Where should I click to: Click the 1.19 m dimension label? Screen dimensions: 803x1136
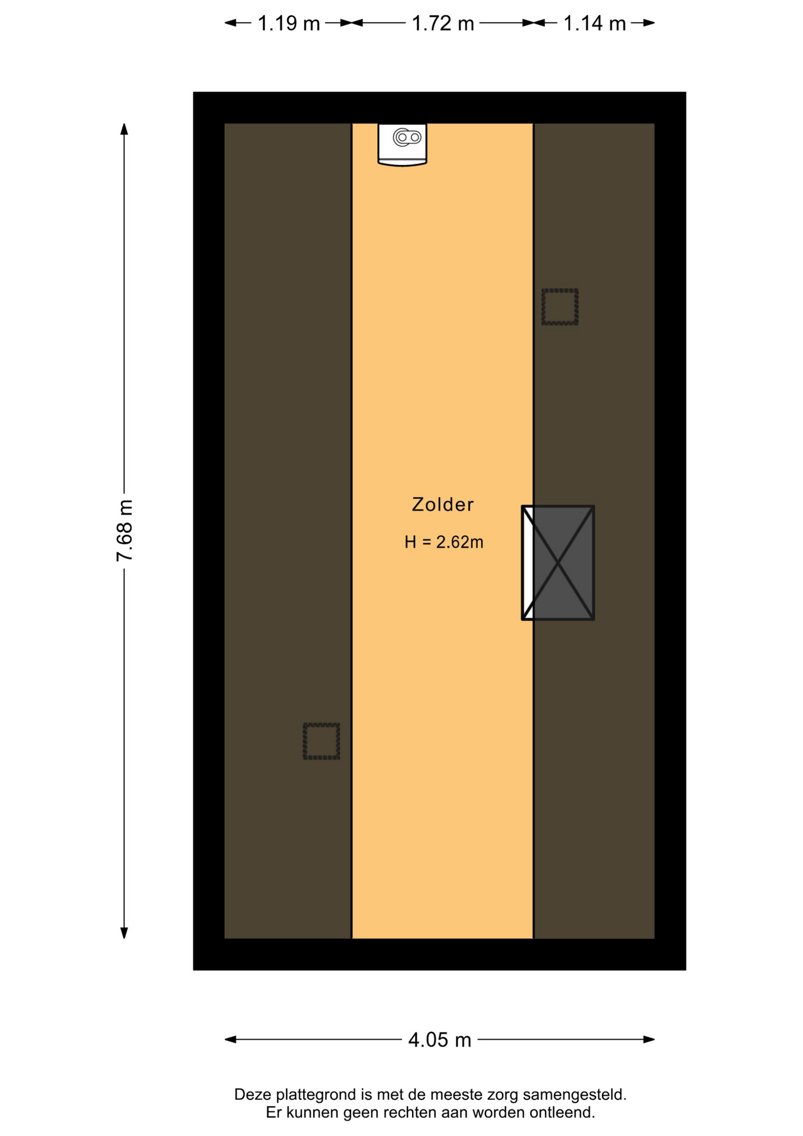[289, 24]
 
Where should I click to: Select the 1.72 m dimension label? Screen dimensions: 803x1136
[443, 24]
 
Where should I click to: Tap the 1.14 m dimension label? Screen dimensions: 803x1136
[594, 24]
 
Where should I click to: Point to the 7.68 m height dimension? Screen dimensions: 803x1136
[125, 530]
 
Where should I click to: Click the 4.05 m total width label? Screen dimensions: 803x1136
[440, 1040]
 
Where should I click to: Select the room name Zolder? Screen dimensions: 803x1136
[443, 505]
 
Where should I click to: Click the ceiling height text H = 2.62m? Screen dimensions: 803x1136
[444, 542]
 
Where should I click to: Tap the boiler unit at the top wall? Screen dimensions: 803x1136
[402, 144]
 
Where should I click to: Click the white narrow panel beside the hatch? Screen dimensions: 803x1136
[527, 563]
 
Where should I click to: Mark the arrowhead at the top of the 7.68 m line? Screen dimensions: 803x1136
[124, 129]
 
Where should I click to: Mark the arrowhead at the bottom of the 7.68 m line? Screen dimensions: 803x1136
[124, 932]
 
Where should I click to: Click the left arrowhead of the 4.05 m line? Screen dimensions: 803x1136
[231, 1040]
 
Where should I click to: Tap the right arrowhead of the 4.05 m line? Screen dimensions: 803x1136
[649, 1040]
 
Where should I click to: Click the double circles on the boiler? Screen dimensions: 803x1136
[407, 137]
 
